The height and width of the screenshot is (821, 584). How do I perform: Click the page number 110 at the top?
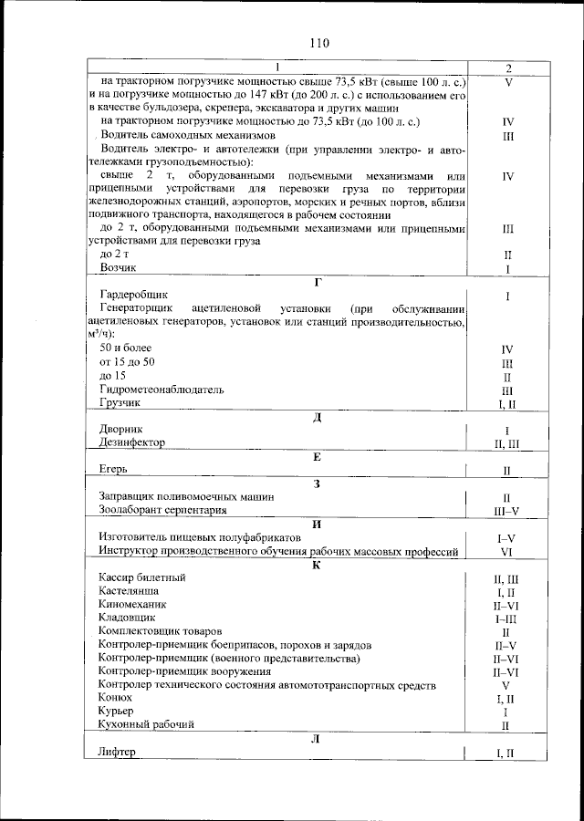318,43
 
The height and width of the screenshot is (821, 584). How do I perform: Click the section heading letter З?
317,483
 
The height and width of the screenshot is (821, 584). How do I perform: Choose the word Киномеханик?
133,604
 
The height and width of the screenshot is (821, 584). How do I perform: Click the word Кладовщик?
127,618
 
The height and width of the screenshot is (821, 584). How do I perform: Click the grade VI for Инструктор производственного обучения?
506,552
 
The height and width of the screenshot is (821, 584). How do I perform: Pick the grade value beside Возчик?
506,269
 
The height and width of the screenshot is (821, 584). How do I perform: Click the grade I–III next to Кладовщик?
506,618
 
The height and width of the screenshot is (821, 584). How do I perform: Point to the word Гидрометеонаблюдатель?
162,389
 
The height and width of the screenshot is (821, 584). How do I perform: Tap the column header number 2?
508,68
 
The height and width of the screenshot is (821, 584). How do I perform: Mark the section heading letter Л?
315,739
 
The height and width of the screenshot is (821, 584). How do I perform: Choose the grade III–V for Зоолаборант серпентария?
506,511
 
